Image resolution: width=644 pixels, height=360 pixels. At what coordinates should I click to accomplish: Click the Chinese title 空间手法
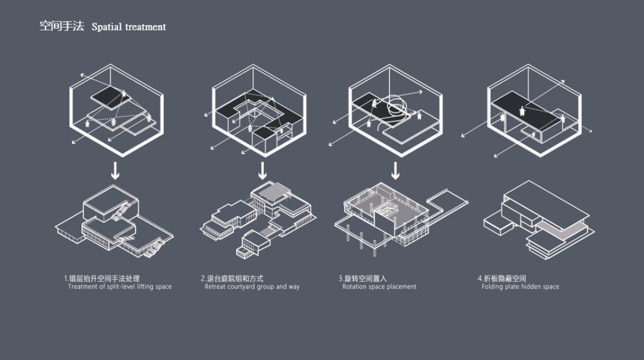click(x=61, y=26)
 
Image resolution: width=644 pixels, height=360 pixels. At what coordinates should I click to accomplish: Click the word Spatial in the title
click(x=107, y=27)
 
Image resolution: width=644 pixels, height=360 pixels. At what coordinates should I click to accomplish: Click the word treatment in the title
click(x=145, y=27)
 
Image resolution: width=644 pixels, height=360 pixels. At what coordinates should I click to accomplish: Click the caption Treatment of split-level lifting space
click(x=119, y=287)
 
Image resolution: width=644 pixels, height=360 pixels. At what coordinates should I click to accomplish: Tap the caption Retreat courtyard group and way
click(x=252, y=287)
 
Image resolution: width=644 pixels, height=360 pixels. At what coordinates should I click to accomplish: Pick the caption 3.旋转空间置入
click(x=363, y=278)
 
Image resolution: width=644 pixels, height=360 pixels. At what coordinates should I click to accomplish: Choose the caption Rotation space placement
click(x=379, y=287)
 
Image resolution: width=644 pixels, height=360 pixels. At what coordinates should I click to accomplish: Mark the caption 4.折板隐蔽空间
click(x=501, y=278)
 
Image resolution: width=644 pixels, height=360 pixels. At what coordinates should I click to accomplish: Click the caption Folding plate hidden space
click(x=520, y=287)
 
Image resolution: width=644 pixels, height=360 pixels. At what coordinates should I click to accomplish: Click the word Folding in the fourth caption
click(x=493, y=287)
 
